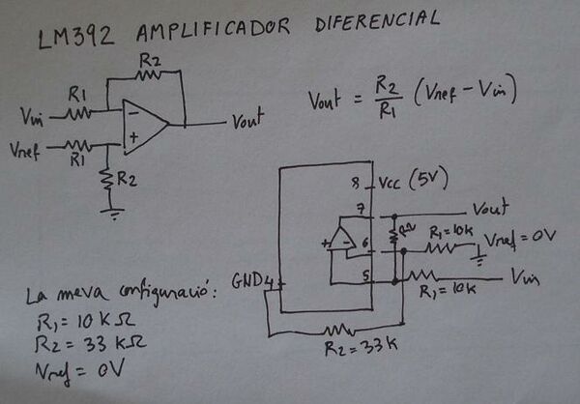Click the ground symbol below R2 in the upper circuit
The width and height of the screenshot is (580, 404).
(114, 211)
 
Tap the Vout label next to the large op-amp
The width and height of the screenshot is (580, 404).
(247, 123)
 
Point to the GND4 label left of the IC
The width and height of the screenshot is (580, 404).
(253, 282)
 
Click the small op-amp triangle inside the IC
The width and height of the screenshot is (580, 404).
(340, 238)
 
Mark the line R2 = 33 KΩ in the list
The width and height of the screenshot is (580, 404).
(80, 344)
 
